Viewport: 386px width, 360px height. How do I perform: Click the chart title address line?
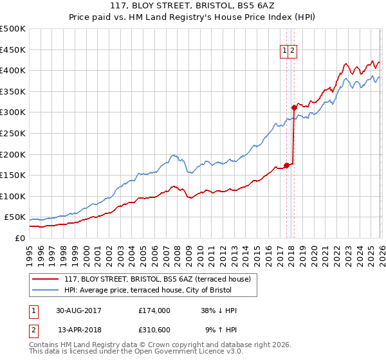click(x=192, y=8)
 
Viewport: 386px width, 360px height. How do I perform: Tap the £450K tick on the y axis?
click(x=13, y=50)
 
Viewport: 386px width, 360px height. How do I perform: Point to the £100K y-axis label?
click(x=13, y=196)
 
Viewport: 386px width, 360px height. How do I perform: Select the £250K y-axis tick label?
click(x=13, y=133)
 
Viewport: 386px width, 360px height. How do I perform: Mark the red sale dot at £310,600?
click(x=294, y=108)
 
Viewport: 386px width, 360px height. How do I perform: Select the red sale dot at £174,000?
click(x=286, y=165)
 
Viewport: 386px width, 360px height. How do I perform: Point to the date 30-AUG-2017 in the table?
click(x=79, y=310)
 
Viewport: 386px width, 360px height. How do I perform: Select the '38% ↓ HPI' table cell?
click(x=218, y=310)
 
